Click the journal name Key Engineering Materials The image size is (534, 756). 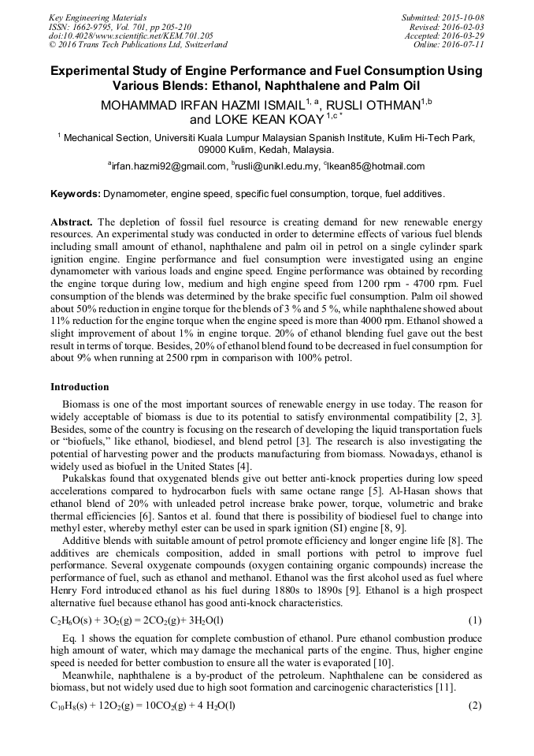98,17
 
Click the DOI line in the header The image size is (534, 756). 131,35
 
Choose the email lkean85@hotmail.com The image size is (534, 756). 380,166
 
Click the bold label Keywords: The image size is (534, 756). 75,194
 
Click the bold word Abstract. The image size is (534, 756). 72,222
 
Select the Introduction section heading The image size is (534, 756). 80,387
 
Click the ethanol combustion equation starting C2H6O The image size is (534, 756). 143,620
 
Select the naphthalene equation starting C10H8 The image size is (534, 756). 143,706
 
